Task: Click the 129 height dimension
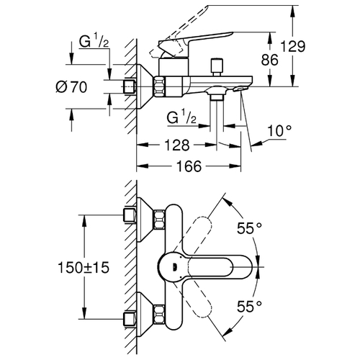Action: [293, 46]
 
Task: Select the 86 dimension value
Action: [269, 60]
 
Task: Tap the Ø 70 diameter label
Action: [71, 87]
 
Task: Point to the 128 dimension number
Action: [177, 145]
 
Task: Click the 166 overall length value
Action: [189, 166]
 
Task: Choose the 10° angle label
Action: [279, 130]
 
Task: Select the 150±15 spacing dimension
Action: [84, 267]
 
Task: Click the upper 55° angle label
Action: [249, 228]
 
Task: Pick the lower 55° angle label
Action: [249, 306]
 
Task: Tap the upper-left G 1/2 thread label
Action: [94, 41]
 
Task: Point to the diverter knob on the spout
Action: [217, 67]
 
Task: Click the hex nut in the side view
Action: [160, 86]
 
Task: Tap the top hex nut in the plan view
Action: [159, 220]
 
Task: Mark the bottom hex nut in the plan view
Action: [159, 314]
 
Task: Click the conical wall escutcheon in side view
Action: [145, 86]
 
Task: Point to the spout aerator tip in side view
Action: [240, 89]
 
